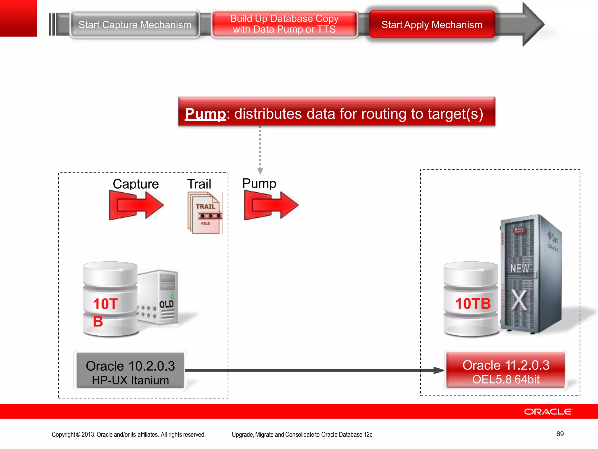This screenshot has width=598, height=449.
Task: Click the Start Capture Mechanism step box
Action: [x=135, y=25]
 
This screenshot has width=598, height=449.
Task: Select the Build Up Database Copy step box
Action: [x=284, y=24]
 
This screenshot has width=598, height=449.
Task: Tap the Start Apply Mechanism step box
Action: [x=432, y=25]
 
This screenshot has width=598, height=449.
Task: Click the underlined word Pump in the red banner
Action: [x=205, y=114]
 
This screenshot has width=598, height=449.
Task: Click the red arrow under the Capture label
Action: [x=136, y=205]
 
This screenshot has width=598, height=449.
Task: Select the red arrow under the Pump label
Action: [x=271, y=205]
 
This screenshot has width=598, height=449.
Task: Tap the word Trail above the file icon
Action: [x=199, y=184]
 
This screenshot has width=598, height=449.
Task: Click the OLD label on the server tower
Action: [x=166, y=304]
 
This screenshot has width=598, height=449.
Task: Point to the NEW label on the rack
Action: [x=519, y=268]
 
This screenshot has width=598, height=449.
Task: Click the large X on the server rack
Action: [x=519, y=300]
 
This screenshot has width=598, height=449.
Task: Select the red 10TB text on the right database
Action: [x=473, y=304]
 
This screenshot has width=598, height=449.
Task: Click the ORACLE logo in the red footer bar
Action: [x=548, y=412]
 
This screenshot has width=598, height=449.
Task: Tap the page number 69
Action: [x=560, y=434]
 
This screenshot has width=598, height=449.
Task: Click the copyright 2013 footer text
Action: [x=128, y=435]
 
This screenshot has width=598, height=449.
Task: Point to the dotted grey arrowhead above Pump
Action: [x=260, y=171]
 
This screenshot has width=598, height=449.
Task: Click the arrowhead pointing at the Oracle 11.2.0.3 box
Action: [x=439, y=370]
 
